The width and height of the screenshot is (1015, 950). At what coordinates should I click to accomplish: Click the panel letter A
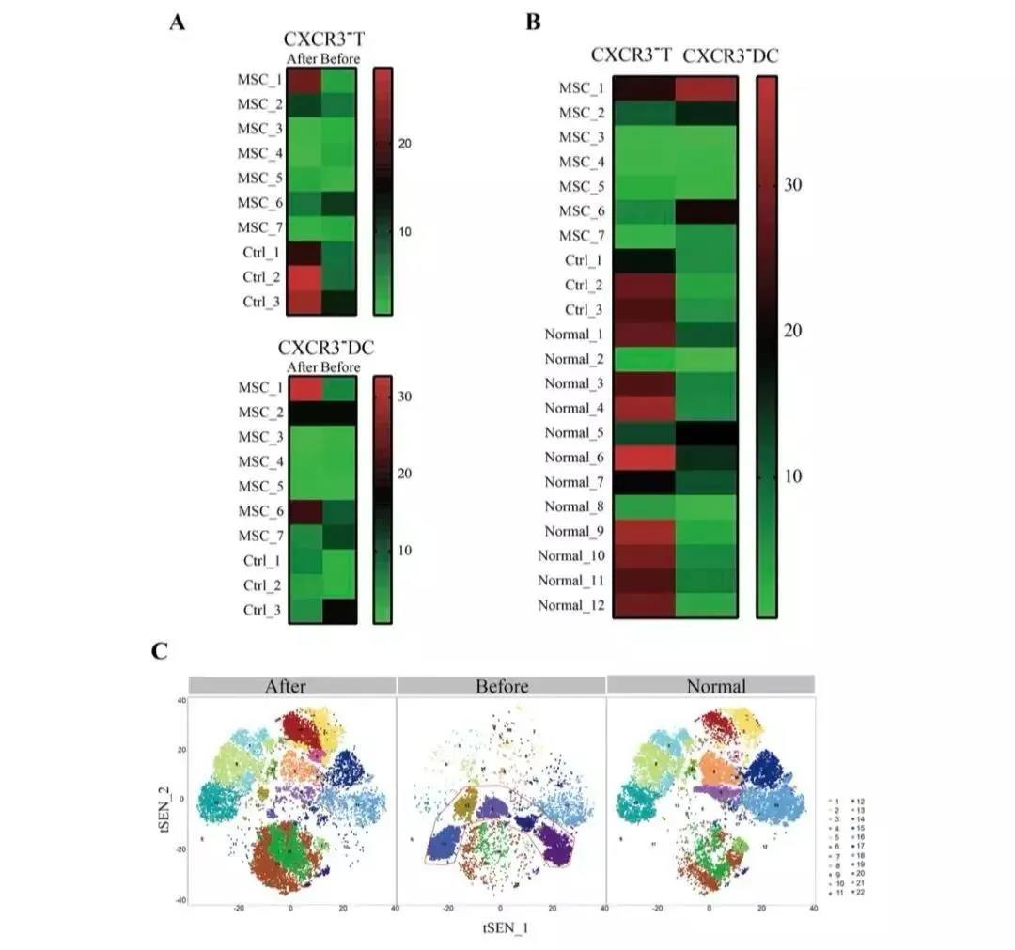coord(176,23)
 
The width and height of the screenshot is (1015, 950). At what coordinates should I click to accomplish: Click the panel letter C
coord(160,650)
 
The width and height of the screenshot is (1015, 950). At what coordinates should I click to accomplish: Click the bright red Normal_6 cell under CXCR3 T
coord(644,458)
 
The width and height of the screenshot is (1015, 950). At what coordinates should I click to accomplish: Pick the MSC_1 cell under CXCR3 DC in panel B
coord(706,88)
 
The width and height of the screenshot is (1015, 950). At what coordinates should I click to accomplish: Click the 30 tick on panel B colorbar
coord(793,184)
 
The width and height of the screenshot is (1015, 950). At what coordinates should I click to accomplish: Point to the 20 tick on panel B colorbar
coord(793,331)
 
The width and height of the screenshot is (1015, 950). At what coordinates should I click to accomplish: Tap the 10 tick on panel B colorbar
coord(793,475)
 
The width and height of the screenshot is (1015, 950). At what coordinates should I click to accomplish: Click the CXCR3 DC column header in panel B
coord(730,56)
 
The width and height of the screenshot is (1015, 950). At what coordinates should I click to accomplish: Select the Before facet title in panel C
coord(501,685)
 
